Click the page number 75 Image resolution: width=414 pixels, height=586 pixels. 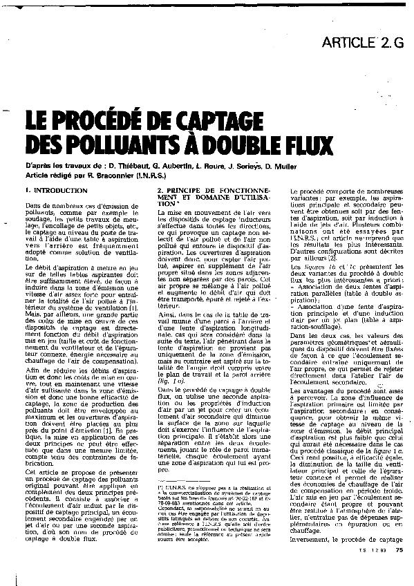399,569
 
